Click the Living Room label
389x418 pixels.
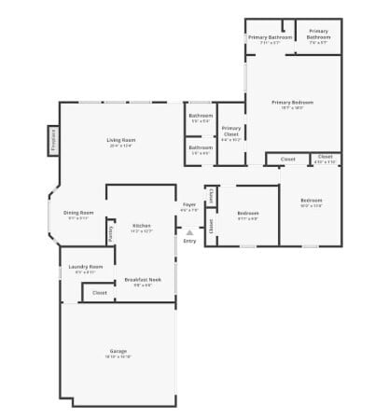coord(122,140)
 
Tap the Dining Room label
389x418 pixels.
coord(78,213)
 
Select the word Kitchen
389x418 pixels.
coord(141,226)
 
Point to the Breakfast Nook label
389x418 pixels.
coord(141,280)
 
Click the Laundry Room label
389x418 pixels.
coord(85,267)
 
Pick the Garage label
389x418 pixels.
coord(118,351)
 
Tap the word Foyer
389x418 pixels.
coord(189,204)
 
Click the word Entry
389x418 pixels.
coord(189,241)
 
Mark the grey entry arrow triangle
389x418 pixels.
coord(189,231)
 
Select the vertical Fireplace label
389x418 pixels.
coord(54,141)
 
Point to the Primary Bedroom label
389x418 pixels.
coord(292,102)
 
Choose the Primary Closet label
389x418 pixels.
coord(231,131)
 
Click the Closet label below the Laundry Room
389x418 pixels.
coord(99,292)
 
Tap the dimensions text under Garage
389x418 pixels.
coord(118,357)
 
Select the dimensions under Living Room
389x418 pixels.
coord(122,146)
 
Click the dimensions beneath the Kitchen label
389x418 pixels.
coord(141,231)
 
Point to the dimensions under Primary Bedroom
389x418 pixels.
coord(292,107)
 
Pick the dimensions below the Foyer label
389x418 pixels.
coord(189,210)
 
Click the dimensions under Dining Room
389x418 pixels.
coord(78,218)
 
